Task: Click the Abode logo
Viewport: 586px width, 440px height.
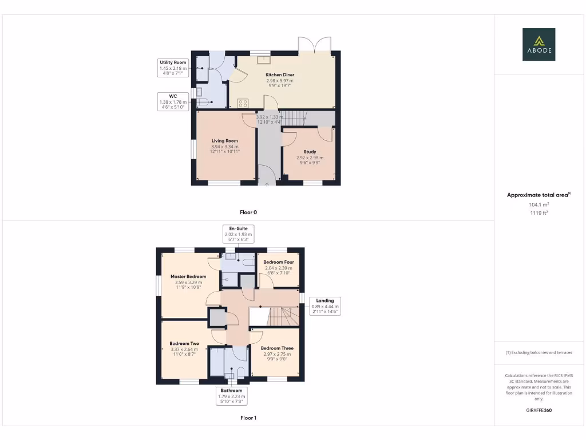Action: (539, 44)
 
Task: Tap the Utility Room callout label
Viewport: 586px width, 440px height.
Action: (173, 68)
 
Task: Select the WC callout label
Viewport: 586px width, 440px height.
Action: (173, 101)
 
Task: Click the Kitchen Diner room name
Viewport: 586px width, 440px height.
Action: (280, 75)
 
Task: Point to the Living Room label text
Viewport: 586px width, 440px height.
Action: (224, 140)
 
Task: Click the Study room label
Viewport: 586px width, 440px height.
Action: (310, 152)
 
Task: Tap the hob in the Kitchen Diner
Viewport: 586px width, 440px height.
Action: (243, 104)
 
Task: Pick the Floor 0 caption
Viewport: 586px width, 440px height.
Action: (248, 212)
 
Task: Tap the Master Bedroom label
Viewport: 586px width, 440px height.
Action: (188, 276)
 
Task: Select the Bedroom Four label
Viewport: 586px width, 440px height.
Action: (278, 262)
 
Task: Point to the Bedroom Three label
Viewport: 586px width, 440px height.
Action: (278, 348)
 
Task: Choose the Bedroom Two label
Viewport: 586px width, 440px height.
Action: (184, 344)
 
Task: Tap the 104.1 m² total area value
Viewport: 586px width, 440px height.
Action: (539, 205)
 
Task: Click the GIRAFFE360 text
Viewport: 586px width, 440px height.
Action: (539, 410)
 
